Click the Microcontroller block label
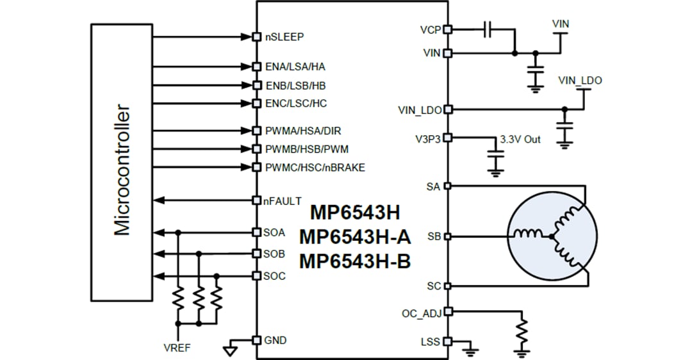coord(122,170)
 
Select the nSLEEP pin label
coord(284,37)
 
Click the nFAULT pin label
coord(282,201)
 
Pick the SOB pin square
coord(256,254)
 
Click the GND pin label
coord(276,340)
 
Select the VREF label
coord(177,348)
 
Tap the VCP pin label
coord(430,29)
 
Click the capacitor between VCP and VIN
coord(488,29)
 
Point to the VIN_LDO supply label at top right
coord(580,81)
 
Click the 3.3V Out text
coord(520,139)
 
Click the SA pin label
coord(433,186)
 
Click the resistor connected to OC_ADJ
coord(523,332)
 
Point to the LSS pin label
coord(431,341)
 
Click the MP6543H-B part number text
coord(354,261)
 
